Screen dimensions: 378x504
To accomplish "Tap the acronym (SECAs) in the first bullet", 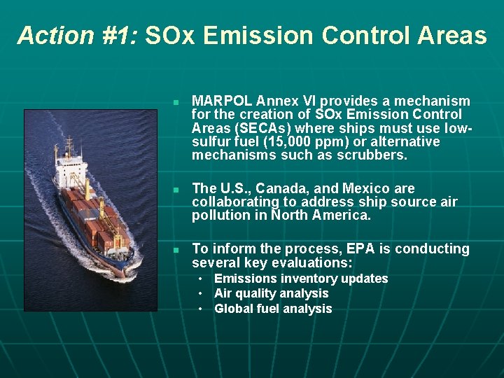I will [x=266, y=128].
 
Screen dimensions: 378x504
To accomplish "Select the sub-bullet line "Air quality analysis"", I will [x=271, y=293].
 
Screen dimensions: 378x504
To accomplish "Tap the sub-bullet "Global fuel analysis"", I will [x=273, y=309].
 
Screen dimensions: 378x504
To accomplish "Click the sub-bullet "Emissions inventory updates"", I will [x=301, y=279].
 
